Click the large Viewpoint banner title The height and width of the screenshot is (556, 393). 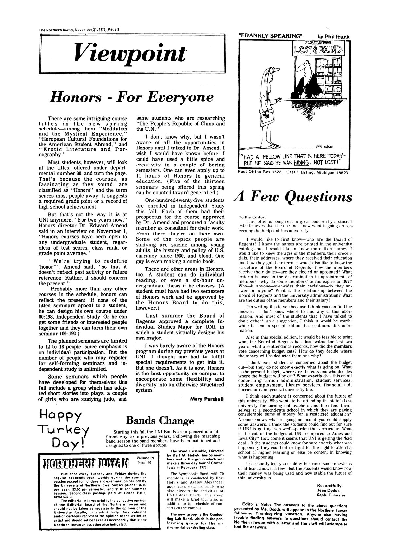click(130, 51)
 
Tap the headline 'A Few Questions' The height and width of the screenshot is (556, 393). click(292, 197)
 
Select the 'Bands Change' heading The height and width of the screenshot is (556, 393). click(160, 420)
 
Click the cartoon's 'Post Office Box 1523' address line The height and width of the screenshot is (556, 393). click(260, 172)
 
